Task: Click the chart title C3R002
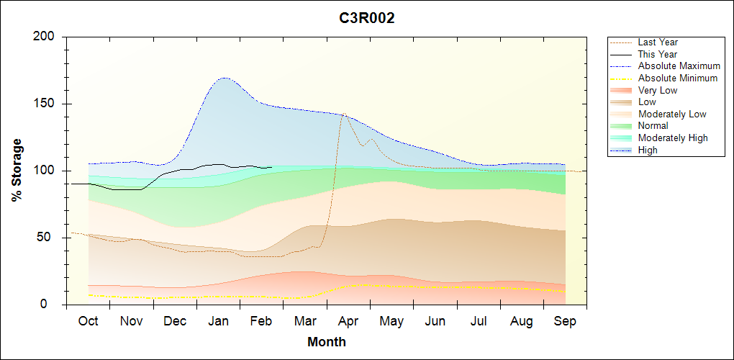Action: point(367,19)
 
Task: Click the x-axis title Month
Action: point(327,342)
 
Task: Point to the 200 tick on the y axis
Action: point(45,37)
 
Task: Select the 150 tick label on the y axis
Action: point(45,104)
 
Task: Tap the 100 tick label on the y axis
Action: point(45,171)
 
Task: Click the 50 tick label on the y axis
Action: point(49,238)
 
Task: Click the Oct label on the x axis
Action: point(88,321)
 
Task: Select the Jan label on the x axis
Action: point(218,321)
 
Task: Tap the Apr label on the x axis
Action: point(348,321)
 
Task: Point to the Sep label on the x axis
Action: point(565,321)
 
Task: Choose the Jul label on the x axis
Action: point(479,321)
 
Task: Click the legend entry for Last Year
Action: point(658,42)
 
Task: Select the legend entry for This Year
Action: point(658,54)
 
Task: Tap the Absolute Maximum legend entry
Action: point(679,66)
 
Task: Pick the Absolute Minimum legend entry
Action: point(678,78)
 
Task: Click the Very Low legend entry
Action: point(658,90)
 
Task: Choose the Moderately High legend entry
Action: point(673,138)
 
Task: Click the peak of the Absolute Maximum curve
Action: point(225,78)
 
